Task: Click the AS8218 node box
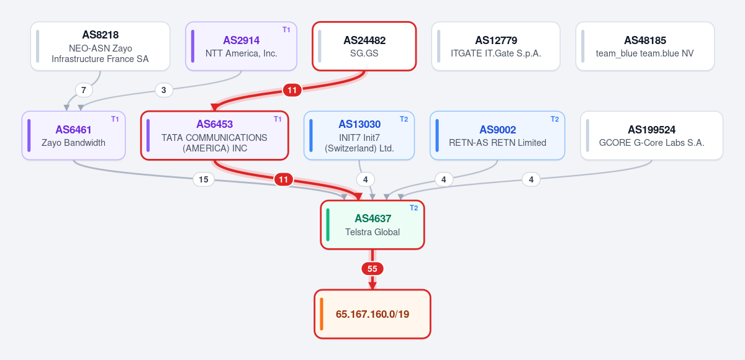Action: pos(100,46)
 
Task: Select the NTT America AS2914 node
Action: pos(241,46)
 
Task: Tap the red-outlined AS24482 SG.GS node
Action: pos(364,46)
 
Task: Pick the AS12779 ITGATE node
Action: pos(496,46)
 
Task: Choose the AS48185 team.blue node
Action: pos(645,46)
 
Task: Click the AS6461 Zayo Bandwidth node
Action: pos(73,136)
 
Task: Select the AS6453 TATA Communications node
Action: pos(215,136)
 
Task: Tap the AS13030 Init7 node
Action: pos(359,136)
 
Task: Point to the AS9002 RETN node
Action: pos(497,136)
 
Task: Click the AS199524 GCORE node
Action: pos(651,136)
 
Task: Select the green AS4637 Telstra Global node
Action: pos(372,225)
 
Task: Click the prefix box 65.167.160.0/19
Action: pos(372,314)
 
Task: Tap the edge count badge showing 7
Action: pos(83,90)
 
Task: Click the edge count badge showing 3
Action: pos(164,90)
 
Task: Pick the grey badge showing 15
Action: pos(204,179)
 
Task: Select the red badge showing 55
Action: pos(372,269)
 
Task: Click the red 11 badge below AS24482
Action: pos(292,90)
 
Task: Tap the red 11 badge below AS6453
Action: pos(283,179)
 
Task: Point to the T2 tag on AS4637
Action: pos(413,208)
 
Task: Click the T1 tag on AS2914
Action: pos(286,30)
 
